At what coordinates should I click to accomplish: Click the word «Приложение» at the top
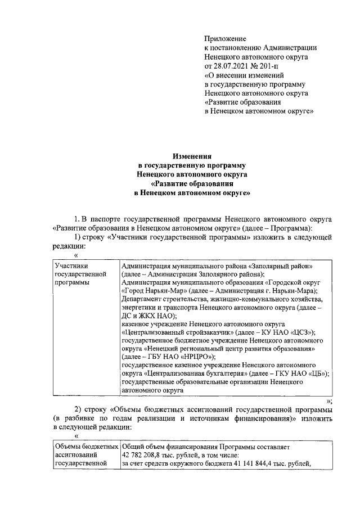tap(225, 39)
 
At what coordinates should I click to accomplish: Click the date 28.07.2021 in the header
tap(232, 66)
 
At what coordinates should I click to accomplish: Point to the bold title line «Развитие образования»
tap(192, 183)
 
